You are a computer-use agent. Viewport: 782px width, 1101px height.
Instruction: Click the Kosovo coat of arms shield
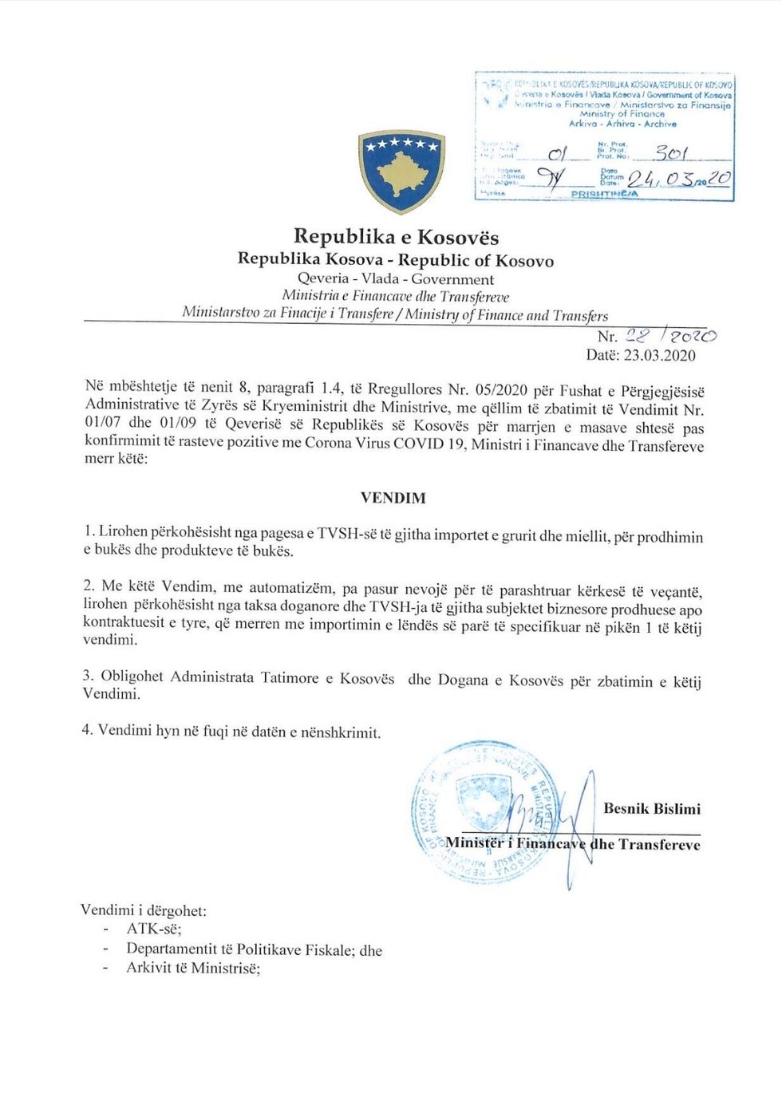tap(401, 171)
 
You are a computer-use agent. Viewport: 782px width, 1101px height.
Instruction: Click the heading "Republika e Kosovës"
tap(396, 236)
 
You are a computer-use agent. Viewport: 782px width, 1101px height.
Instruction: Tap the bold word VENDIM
tap(393, 498)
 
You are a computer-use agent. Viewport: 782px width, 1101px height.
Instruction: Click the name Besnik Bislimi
tap(651, 808)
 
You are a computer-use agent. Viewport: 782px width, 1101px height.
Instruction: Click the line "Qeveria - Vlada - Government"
tap(396, 279)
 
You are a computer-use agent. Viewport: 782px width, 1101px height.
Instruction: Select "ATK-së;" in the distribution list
tap(154, 929)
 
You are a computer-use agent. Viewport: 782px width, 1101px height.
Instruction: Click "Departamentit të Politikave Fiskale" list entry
tap(254, 949)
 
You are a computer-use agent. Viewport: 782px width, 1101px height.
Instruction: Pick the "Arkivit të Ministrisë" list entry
tap(193, 969)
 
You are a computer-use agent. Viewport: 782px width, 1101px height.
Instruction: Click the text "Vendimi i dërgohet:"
tap(144, 910)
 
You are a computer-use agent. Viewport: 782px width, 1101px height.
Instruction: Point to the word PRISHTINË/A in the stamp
tap(604, 194)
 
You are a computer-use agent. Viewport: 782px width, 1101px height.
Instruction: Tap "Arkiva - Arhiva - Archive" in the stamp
tap(622, 124)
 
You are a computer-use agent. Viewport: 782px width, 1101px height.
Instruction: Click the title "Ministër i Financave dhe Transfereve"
tap(572, 843)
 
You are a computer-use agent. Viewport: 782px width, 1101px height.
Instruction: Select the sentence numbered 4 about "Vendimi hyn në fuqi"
tap(231, 732)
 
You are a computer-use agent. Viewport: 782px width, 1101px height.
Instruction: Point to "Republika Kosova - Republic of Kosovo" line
tap(396, 259)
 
